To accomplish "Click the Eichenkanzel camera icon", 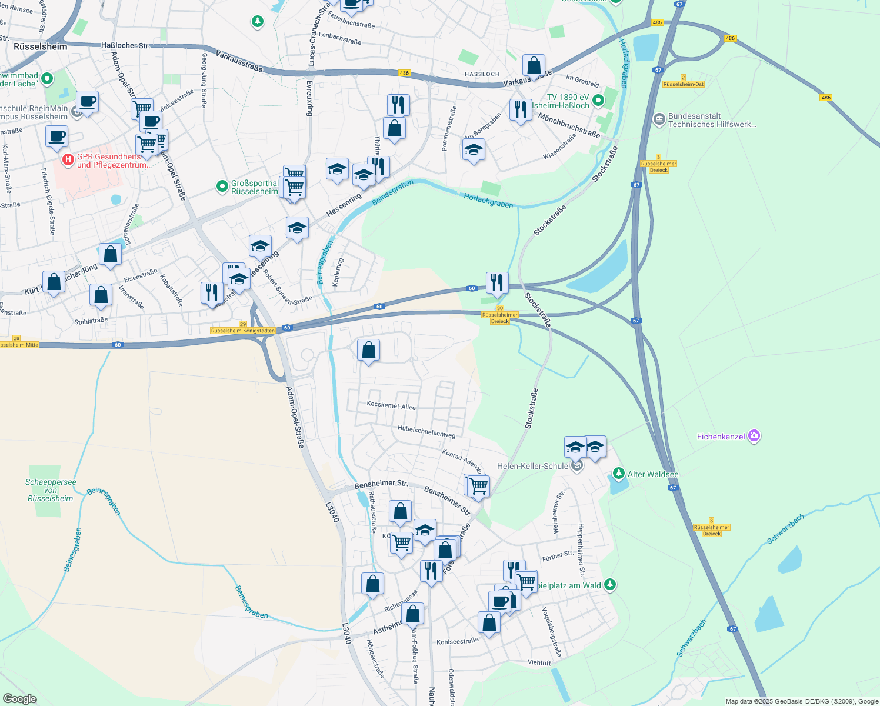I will pyautogui.click(x=754, y=437).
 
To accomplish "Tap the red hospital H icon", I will pyautogui.click(x=68, y=159).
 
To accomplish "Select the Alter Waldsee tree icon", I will pyautogui.click(x=618, y=474).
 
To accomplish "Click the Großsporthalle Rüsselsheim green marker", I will pyautogui.click(x=222, y=187).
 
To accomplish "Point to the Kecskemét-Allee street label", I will pyautogui.click(x=391, y=406).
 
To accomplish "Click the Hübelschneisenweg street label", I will pyautogui.click(x=426, y=431).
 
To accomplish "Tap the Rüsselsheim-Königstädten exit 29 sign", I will pyautogui.click(x=243, y=328).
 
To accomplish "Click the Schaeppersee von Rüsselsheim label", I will pyautogui.click(x=51, y=490).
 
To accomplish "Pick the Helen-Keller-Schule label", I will pyautogui.click(x=532, y=466).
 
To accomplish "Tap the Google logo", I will pyautogui.click(x=19, y=699).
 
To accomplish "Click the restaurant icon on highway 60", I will pyautogui.click(x=497, y=283).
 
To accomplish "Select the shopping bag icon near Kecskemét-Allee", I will pyautogui.click(x=369, y=351).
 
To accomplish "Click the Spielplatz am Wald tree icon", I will pyautogui.click(x=610, y=584).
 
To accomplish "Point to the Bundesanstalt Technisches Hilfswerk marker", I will pyautogui.click(x=659, y=119).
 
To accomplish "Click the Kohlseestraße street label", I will pyautogui.click(x=458, y=641).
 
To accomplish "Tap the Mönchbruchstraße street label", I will pyautogui.click(x=569, y=125).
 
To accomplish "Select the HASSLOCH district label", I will pyautogui.click(x=482, y=74).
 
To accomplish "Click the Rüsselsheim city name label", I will pyautogui.click(x=41, y=46).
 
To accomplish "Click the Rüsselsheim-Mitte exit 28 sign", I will pyautogui.click(x=18, y=342).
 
